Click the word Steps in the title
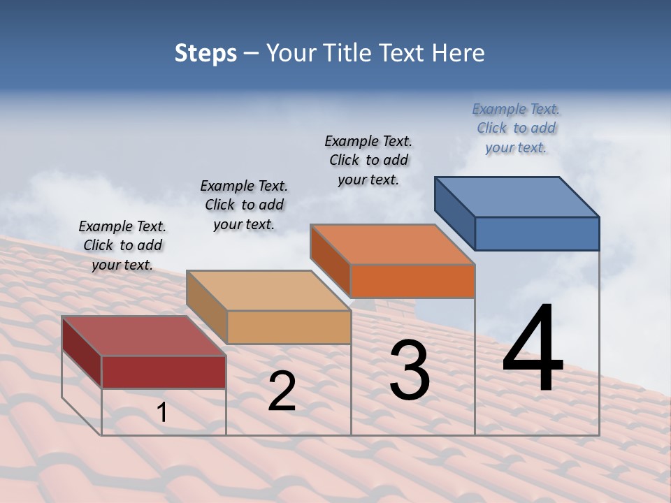pyautogui.click(x=205, y=53)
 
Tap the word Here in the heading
pyautogui.click(x=459, y=53)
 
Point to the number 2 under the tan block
pyautogui.click(x=282, y=391)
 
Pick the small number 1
pyautogui.click(x=162, y=412)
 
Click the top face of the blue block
pyautogui.click(x=517, y=196)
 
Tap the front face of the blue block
pyautogui.click(x=537, y=233)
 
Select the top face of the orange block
pyautogui.click(x=393, y=245)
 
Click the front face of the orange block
pyautogui.click(x=412, y=281)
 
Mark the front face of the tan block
pyautogui.click(x=289, y=327)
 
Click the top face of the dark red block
pyautogui.click(x=144, y=336)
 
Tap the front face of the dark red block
pyautogui.click(x=164, y=372)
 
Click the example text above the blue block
pyautogui.click(x=516, y=129)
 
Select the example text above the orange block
pyautogui.click(x=368, y=160)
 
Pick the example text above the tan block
pyautogui.click(x=244, y=205)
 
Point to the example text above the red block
pyautogui.click(x=122, y=245)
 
